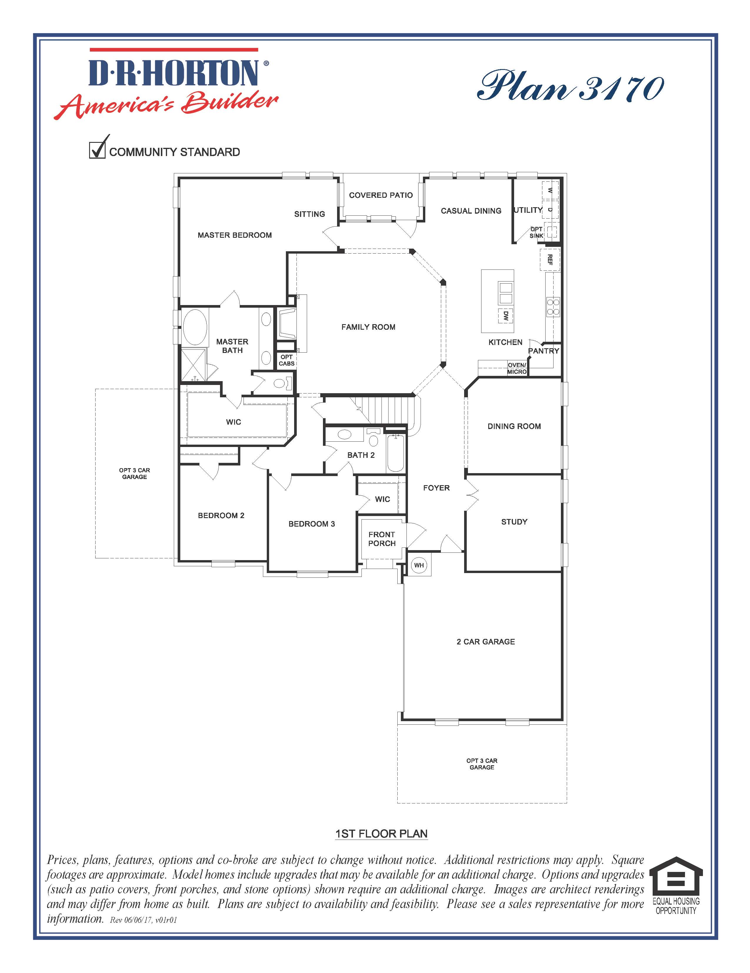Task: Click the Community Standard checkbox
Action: pos(97,150)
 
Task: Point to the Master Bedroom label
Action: pos(234,235)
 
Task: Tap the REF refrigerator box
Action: pos(550,260)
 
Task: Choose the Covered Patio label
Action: pos(381,195)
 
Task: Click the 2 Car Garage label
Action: pos(486,642)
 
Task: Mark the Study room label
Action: pos(514,522)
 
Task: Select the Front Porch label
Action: pos(382,539)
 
